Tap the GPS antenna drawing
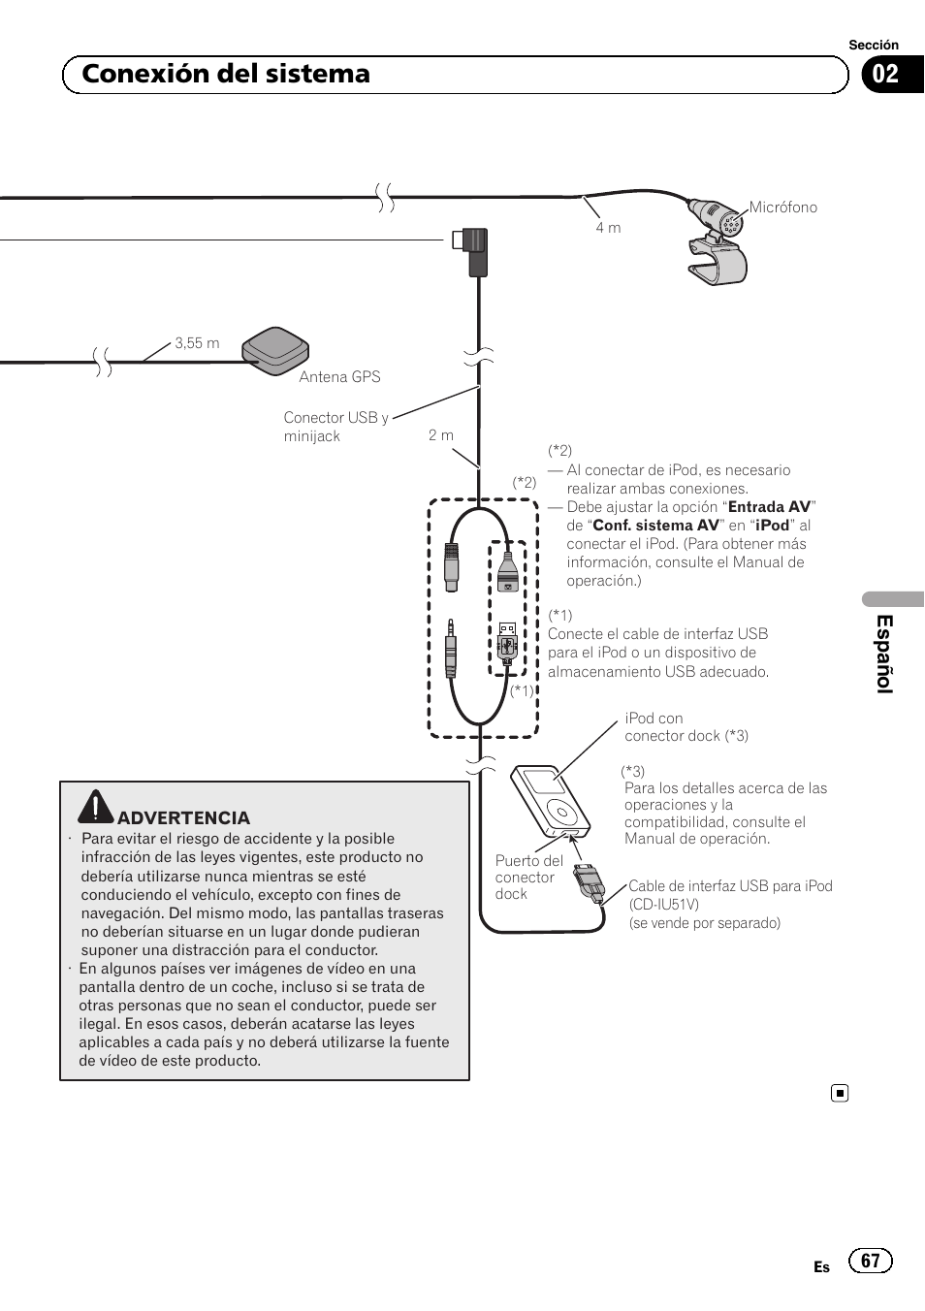pyautogui.click(x=275, y=349)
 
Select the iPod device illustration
pyautogui.click(x=549, y=801)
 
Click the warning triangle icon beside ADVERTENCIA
pyautogui.click(x=96, y=807)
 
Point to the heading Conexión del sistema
pyautogui.click(x=226, y=74)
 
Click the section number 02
pyautogui.click(x=885, y=75)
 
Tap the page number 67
pyautogui.click(x=870, y=1261)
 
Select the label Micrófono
pyautogui.click(x=782, y=208)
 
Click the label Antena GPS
pyautogui.click(x=339, y=377)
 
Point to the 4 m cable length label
pyautogui.click(x=608, y=228)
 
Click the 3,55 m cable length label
pyautogui.click(x=197, y=343)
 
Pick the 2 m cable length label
pyautogui.click(x=441, y=435)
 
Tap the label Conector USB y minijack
pyautogui.click(x=335, y=427)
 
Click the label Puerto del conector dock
pyautogui.click(x=528, y=877)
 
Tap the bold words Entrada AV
pyautogui.click(x=769, y=507)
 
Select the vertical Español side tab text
pyautogui.click(x=884, y=654)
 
